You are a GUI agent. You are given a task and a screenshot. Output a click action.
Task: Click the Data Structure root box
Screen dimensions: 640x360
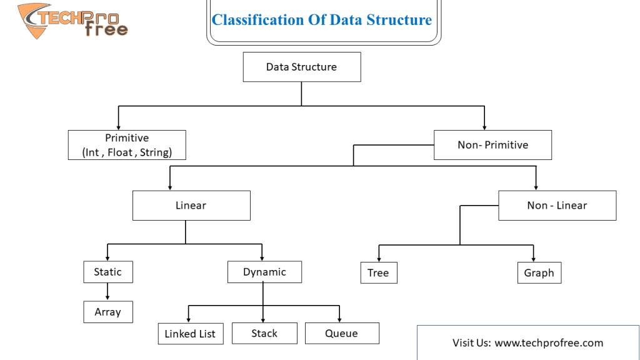302,67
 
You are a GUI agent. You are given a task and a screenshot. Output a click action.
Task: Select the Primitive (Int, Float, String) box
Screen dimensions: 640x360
127,145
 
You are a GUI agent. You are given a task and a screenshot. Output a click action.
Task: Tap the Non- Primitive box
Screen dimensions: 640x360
492,145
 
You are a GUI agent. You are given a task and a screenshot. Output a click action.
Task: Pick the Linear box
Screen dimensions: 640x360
191,205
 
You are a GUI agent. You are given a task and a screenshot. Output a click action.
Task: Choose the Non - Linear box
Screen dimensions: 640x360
557,205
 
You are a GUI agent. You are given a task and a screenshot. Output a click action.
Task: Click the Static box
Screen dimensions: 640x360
108,272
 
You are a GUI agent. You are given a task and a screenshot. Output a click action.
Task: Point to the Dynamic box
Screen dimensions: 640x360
264,272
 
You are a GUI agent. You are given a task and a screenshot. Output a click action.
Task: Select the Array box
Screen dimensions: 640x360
108,312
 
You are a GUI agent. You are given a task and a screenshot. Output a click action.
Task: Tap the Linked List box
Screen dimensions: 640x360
191,334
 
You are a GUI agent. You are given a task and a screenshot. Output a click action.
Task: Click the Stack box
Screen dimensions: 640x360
264,333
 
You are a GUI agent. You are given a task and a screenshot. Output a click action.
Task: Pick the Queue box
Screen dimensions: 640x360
342,333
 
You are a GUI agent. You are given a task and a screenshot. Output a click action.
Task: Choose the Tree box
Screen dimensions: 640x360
379,272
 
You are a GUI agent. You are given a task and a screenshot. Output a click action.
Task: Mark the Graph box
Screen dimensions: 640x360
539,272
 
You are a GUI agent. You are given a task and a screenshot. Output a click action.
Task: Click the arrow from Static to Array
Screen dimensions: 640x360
107,292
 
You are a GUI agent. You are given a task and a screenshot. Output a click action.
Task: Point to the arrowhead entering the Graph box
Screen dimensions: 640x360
534,259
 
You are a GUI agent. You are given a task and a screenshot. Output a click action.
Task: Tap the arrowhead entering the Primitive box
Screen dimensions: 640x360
118,127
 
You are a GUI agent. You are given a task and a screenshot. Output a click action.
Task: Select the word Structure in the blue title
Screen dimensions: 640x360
399,20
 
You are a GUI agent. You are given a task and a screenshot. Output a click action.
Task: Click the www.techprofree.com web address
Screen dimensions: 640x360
549,343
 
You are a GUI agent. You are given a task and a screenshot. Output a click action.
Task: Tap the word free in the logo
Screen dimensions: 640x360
106,29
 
